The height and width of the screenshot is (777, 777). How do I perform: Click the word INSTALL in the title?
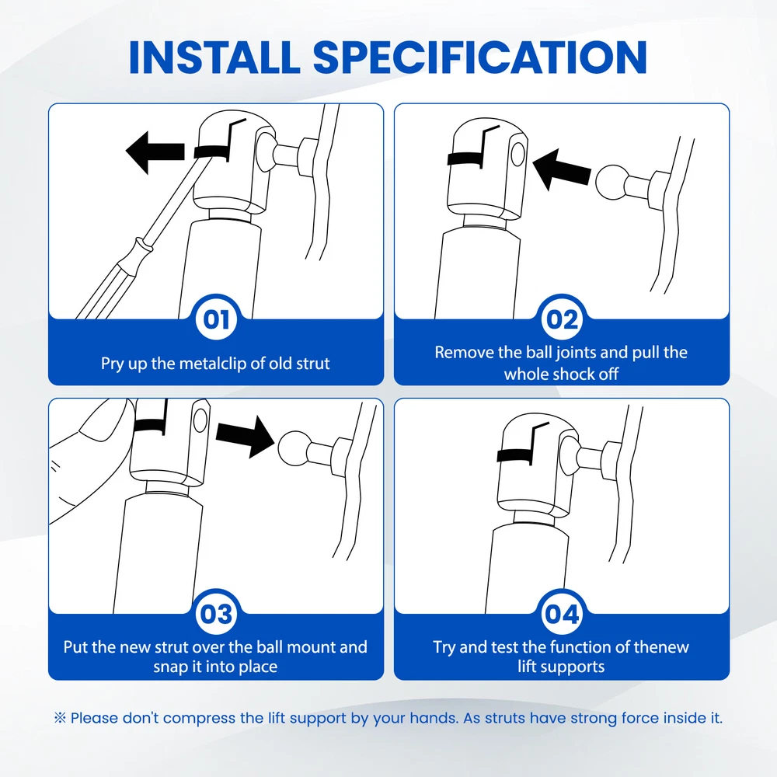point(214,57)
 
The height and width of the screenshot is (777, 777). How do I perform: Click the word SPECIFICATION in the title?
point(480,57)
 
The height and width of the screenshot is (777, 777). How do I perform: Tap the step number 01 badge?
point(216,319)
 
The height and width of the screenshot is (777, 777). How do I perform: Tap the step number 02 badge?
point(562,319)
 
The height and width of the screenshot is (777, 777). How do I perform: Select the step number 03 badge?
point(216,615)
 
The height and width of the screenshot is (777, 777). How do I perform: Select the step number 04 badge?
point(562,615)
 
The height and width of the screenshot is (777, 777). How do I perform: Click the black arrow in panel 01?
point(155,152)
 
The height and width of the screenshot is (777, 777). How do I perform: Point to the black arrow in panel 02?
point(562,169)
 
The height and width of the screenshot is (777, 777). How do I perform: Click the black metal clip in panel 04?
point(515,455)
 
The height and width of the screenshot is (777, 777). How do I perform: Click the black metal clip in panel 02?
point(465,159)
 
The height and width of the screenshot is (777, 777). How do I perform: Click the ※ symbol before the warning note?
point(60,717)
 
